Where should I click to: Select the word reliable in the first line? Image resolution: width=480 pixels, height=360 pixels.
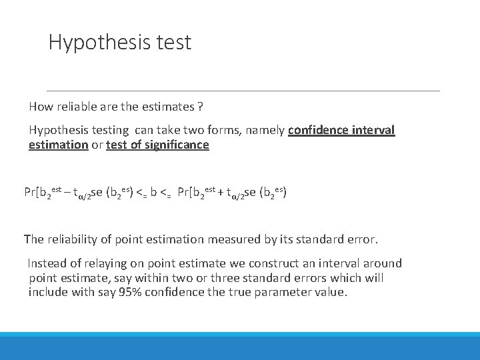click(79, 107)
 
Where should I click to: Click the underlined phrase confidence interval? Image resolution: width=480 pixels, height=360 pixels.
click(341, 131)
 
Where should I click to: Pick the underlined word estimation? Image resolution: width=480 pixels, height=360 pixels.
click(59, 145)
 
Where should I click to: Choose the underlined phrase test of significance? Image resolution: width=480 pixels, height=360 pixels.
click(157, 145)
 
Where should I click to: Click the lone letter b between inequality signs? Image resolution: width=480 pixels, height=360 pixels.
click(153, 193)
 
